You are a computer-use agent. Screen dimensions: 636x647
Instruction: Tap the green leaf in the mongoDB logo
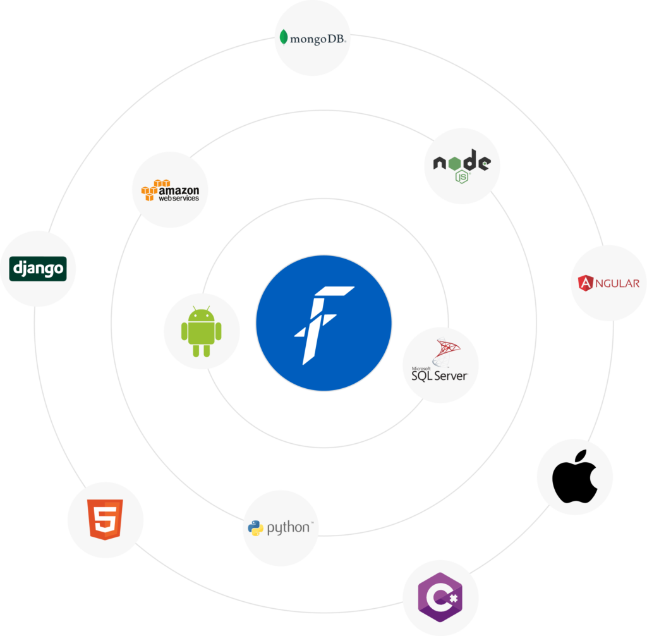pos(284,37)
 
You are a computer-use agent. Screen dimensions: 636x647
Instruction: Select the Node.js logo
pos(461,166)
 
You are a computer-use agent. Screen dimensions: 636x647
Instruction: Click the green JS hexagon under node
pos(463,176)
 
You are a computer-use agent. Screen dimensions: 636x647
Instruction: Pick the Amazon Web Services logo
pos(170,190)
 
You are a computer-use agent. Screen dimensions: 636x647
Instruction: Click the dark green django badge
pos(38,269)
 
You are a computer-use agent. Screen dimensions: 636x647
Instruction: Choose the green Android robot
pos(202,332)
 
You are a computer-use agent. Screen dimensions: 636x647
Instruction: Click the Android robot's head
pos(202,314)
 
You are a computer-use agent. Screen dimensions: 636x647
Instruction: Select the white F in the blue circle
pos(323,323)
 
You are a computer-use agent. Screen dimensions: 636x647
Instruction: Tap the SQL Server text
pos(440,376)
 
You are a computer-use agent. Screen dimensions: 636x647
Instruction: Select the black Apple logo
pos(574,477)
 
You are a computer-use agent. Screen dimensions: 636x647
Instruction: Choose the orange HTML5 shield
pos(106,519)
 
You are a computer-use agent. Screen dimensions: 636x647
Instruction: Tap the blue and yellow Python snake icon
pos(256,528)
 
